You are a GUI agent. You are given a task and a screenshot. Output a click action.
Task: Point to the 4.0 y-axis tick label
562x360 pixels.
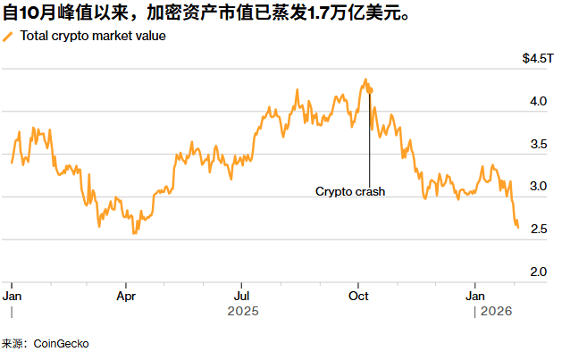click(x=538, y=102)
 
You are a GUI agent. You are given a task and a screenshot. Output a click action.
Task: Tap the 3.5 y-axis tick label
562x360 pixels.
click(x=538, y=144)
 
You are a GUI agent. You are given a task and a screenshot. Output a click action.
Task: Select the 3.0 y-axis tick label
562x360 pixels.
click(x=538, y=187)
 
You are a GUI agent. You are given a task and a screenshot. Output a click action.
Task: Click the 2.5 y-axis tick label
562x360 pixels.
click(x=538, y=230)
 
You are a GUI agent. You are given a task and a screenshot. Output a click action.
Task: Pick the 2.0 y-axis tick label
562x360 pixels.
click(x=538, y=272)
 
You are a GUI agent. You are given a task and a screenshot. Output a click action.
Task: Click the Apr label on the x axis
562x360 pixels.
click(x=126, y=295)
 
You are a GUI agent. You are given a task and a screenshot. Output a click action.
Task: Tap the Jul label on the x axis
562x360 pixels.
click(x=242, y=295)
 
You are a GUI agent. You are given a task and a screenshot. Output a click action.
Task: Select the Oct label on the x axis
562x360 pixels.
click(x=358, y=295)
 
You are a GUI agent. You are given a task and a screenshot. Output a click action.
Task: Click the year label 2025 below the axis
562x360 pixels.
click(x=242, y=311)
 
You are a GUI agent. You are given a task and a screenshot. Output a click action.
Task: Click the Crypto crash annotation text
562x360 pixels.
click(x=349, y=191)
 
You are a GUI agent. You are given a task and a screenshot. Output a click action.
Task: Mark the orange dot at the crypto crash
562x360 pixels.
click(x=370, y=90)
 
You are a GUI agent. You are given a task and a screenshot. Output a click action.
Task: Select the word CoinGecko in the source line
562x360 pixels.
click(x=62, y=344)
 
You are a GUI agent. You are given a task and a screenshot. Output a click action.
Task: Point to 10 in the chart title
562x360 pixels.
click(x=27, y=13)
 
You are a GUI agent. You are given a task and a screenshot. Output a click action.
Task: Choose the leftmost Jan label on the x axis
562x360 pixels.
click(x=13, y=295)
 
